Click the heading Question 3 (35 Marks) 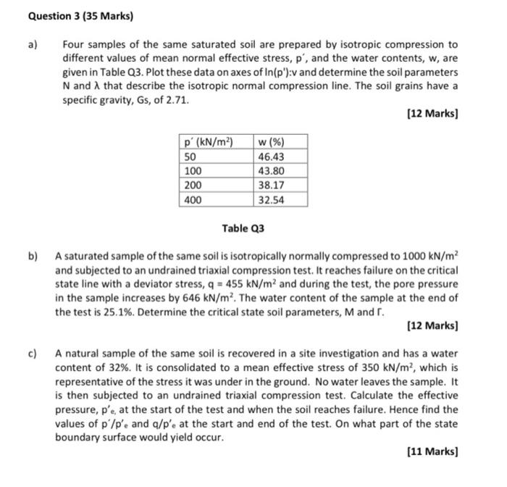pyautogui.click(x=59, y=15)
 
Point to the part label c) pyautogui.click(x=33, y=354)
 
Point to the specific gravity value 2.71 pyautogui.click(x=177, y=100)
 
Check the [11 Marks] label pyautogui.click(x=433, y=451)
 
